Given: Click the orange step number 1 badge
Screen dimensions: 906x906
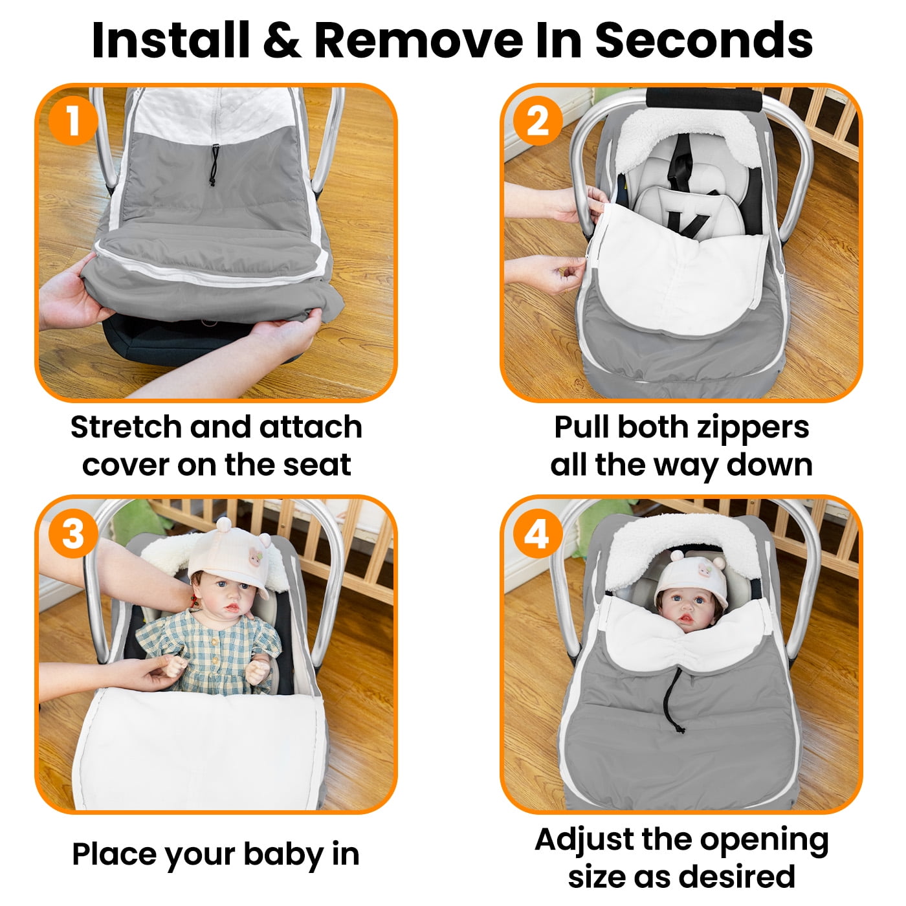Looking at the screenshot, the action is click(x=73, y=120).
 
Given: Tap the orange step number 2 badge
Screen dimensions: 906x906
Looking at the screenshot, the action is click(x=538, y=120).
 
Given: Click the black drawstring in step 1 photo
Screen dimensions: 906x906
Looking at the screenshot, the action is click(x=214, y=164).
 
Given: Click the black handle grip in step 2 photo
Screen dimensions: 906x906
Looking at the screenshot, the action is click(x=704, y=100).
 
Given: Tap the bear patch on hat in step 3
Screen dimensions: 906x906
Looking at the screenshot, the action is click(x=255, y=558).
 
